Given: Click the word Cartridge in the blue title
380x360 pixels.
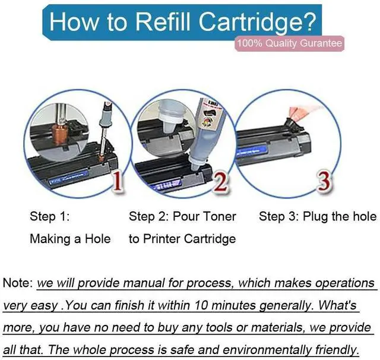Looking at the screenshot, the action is pos(258,22).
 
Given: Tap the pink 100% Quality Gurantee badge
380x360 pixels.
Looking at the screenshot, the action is pos(289,43).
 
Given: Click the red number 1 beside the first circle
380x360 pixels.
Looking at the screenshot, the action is pos(118,181).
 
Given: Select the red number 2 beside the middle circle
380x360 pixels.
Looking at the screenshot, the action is pos(221,182).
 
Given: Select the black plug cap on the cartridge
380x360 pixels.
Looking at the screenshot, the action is pos(294,125).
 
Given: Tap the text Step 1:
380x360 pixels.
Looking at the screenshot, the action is pos(49,216).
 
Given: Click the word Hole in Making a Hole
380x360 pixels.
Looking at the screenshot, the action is pos(97,239).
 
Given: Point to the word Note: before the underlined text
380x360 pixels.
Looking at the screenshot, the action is pos(18,283).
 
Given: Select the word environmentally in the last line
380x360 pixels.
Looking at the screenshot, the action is pos(267,349).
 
